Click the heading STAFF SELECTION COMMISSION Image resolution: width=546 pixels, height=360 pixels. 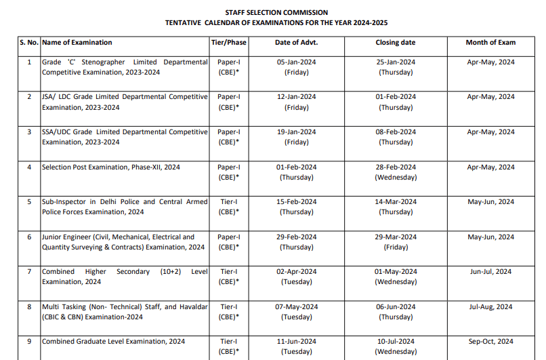[276, 12]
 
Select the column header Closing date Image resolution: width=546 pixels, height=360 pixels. [396, 42]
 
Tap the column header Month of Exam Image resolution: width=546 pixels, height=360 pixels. [490, 42]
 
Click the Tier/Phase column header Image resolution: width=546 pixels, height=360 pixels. [228, 42]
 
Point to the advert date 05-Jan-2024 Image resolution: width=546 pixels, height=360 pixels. [296, 62]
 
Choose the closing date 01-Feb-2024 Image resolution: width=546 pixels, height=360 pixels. [396, 97]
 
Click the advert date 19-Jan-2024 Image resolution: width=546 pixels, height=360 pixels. [296, 132]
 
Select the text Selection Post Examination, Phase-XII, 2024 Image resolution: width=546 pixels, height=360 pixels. [111, 167]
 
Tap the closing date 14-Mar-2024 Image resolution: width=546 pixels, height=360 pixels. [396, 201]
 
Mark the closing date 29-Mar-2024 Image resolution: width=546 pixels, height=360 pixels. [396, 237]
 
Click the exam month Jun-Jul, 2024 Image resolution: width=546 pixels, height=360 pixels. [490, 271]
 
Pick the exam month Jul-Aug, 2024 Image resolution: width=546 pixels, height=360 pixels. [490, 306]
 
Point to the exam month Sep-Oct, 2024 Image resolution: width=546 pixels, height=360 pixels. [490, 341]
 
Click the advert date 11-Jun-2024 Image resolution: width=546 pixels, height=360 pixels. [296, 341]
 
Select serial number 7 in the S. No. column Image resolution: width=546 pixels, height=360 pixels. [29, 271]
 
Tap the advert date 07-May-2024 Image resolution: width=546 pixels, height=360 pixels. [296, 306]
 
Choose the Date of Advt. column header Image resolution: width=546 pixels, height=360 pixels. [296, 42]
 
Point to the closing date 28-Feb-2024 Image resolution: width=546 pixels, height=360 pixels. [396, 167]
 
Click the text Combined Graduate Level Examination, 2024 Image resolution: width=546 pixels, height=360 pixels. [113, 341]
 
